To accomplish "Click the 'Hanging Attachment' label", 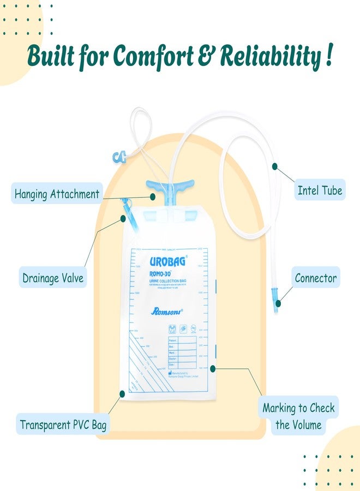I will pyautogui.click(x=57, y=194).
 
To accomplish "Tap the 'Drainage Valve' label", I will pyautogui.click(x=53, y=278).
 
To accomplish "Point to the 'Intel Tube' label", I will pyautogui.click(x=320, y=190).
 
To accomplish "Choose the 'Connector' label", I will pyautogui.click(x=316, y=278).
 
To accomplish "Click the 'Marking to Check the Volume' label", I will pyautogui.click(x=298, y=416).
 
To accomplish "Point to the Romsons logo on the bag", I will pyautogui.click(x=166, y=312).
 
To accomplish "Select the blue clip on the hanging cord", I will pyautogui.click(x=119, y=157).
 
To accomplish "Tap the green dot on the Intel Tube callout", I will pyautogui.click(x=274, y=164).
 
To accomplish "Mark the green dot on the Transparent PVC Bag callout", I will pyautogui.click(x=122, y=393).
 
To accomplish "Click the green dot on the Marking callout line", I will pyautogui.click(x=213, y=368).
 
